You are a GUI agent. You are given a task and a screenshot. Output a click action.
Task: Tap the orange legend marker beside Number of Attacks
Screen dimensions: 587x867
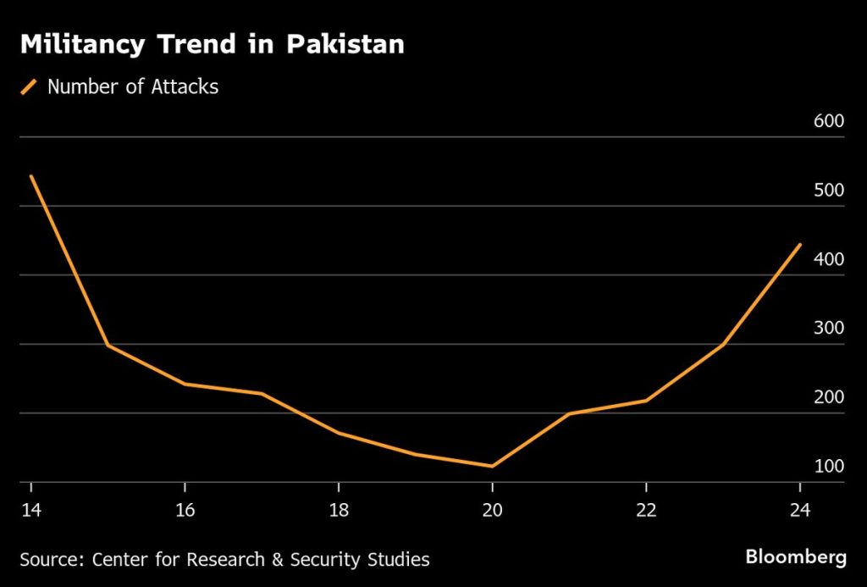pyautogui.click(x=30, y=86)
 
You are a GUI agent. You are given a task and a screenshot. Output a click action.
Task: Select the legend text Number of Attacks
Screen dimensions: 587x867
pyautogui.click(x=133, y=86)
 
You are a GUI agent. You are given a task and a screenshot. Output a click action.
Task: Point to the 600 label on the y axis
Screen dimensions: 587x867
pyautogui.click(x=829, y=121)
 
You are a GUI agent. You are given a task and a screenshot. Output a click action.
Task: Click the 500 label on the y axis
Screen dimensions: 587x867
pyautogui.click(x=829, y=191)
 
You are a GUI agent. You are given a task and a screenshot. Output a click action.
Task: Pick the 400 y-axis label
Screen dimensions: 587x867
pyautogui.click(x=829, y=260)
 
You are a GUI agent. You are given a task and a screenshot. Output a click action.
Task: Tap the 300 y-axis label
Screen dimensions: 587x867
pyautogui.click(x=829, y=329)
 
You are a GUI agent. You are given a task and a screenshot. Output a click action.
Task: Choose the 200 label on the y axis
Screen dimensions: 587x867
pyautogui.click(x=829, y=398)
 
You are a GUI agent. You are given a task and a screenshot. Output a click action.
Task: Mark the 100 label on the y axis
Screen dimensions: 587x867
pyautogui.click(x=829, y=468)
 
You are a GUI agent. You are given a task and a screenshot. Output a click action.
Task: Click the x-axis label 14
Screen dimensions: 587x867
pyautogui.click(x=31, y=510)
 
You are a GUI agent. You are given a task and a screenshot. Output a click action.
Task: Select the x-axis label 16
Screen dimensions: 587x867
pyautogui.click(x=185, y=510)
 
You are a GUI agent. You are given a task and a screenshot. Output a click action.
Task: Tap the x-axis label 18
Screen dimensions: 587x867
pyautogui.click(x=339, y=510)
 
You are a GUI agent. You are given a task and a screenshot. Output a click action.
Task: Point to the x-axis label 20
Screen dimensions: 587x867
pyautogui.click(x=492, y=510)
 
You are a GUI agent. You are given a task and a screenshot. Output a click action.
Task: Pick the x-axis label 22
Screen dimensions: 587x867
pyautogui.click(x=646, y=510)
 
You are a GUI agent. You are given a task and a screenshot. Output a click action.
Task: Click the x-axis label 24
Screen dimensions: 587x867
pyautogui.click(x=799, y=510)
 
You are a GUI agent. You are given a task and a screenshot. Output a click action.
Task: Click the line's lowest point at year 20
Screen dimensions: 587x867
pyautogui.click(x=492, y=466)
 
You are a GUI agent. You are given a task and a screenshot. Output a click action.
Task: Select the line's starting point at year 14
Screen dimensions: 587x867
pyautogui.click(x=31, y=176)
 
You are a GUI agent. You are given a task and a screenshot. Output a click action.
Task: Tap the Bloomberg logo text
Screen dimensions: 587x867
pyautogui.click(x=795, y=557)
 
